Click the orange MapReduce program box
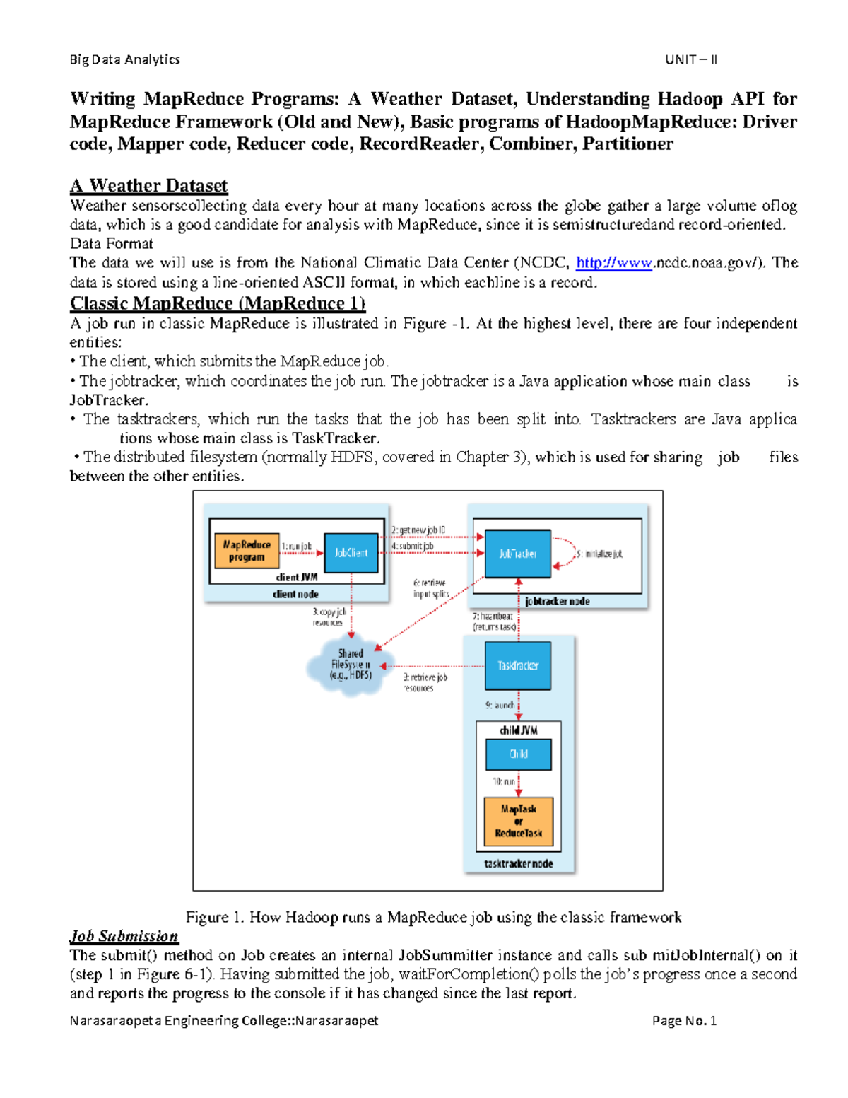(x=247, y=551)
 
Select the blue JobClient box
(x=351, y=553)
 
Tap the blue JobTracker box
(x=518, y=554)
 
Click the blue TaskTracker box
(x=518, y=665)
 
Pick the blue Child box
(x=518, y=754)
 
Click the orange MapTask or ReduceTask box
(x=518, y=821)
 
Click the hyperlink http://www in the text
(x=613, y=263)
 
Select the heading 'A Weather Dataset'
(x=148, y=185)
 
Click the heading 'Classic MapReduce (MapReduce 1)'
(x=218, y=303)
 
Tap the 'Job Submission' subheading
(x=124, y=936)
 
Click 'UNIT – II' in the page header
(x=690, y=59)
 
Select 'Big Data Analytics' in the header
(x=125, y=59)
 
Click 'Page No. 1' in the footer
(x=684, y=1020)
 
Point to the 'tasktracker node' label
(x=518, y=863)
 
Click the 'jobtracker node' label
(x=557, y=601)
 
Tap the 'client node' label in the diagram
(x=295, y=594)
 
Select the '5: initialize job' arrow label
(x=599, y=554)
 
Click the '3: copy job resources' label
(x=329, y=617)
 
